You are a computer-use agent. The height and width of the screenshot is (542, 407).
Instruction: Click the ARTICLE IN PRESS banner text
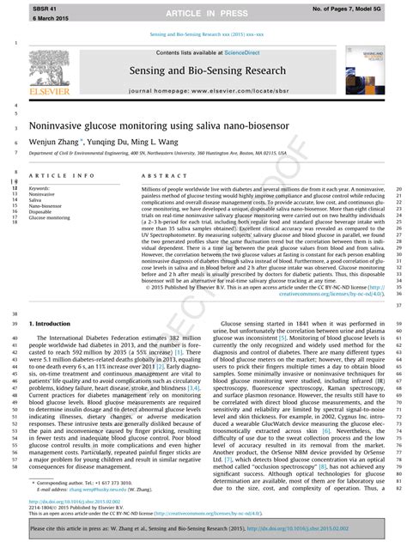point(203,15)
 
